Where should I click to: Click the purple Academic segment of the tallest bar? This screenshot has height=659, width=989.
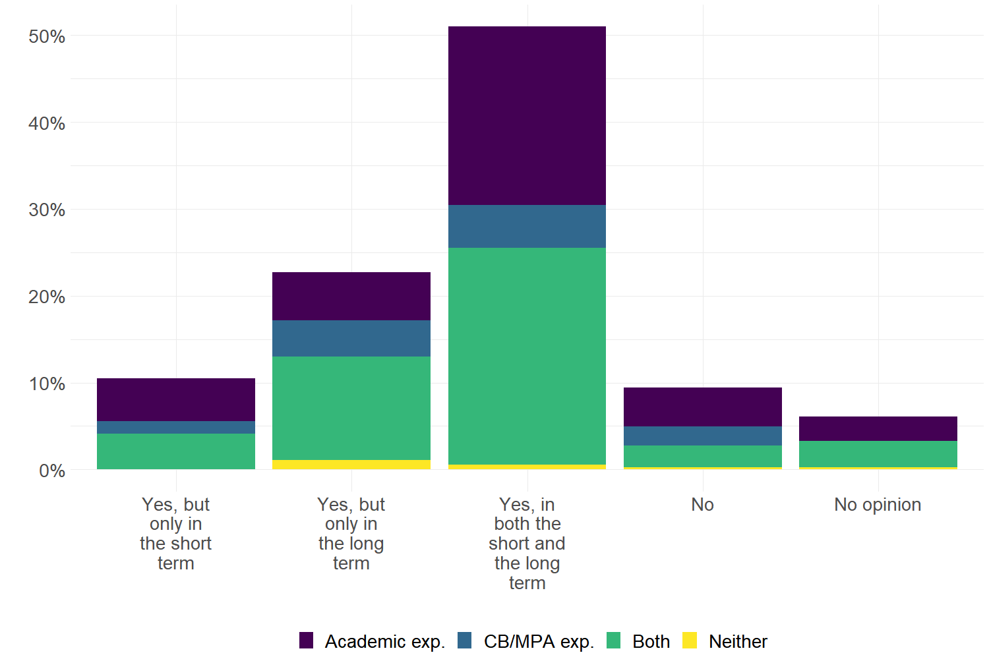[x=527, y=115]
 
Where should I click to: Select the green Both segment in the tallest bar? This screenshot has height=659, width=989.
[x=527, y=356]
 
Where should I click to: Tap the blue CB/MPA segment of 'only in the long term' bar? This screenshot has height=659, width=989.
[x=351, y=338]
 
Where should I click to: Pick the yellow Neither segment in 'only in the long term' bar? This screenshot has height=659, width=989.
[x=351, y=465]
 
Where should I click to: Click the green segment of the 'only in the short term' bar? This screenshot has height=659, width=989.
[x=176, y=451]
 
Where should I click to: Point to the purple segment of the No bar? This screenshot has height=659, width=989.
[x=703, y=407]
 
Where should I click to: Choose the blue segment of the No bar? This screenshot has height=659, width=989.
[x=703, y=436]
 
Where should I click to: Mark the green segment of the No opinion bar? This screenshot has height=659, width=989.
[x=878, y=453]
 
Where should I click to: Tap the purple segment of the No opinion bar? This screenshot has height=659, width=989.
[x=878, y=428]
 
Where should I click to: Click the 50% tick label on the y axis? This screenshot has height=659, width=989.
[x=47, y=36]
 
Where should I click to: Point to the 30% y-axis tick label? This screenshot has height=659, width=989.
[x=47, y=210]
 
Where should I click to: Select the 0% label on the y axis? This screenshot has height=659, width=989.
[x=52, y=471]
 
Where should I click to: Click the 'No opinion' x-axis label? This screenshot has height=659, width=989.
[x=878, y=505]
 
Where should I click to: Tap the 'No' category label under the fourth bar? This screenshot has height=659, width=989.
[x=703, y=505]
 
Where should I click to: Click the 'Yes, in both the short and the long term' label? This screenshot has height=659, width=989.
[x=527, y=543]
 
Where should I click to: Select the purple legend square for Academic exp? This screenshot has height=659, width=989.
[x=306, y=641]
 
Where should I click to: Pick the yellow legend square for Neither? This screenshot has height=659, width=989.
[x=690, y=641]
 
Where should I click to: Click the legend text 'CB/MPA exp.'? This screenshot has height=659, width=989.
[x=539, y=641]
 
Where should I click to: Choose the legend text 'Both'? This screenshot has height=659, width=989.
[x=651, y=641]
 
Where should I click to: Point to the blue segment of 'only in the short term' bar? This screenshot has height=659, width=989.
[x=176, y=427]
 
